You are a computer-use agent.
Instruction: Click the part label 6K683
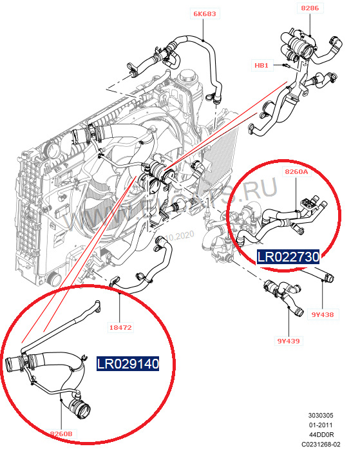pyautogui.click(x=205, y=12)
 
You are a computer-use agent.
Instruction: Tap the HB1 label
pyautogui.click(x=261, y=65)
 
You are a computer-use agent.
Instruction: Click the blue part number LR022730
pyautogui.click(x=288, y=257)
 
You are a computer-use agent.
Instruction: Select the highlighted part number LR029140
pyautogui.click(x=128, y=364)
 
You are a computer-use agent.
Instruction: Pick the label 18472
pyautogui.click(x=121, y=327)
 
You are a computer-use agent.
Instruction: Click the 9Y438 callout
pyautogui.click(x=322, y=315)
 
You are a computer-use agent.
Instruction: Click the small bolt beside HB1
pyautogui.click(x=284, y=65)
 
